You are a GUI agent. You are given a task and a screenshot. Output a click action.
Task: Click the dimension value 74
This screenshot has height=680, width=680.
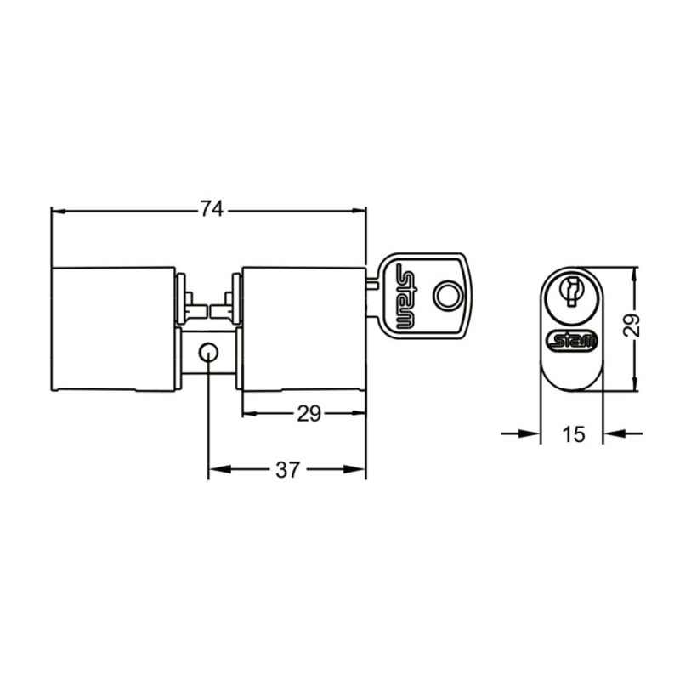[x=212, y=209]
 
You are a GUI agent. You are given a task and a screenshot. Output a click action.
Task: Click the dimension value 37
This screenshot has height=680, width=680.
[x=288, y=469]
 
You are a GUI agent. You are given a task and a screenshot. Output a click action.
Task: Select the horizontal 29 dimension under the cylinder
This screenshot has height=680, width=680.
[x=309, y=414]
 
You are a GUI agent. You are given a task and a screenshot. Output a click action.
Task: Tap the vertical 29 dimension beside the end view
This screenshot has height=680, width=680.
[x=631, y=325]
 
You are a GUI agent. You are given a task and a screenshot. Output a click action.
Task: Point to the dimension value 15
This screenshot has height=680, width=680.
[x=573, y=434]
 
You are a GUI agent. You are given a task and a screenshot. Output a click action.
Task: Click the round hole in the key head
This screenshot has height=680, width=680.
[x=448, y=296]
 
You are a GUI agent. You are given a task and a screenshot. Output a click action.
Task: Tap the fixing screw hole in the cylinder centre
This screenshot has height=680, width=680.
[x=208, y=353]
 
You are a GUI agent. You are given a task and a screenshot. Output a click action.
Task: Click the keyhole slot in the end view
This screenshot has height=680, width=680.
[x=571, y=291]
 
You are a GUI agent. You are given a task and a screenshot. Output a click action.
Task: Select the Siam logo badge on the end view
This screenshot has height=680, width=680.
[x=572, y=341]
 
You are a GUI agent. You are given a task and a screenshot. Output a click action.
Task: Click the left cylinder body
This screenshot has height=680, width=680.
[x=114, y=329]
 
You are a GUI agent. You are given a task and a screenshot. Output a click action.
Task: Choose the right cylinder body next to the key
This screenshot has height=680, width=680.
[x=303, y=329]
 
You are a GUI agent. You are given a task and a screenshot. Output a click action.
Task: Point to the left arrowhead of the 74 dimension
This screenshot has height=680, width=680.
[x=59, y=211]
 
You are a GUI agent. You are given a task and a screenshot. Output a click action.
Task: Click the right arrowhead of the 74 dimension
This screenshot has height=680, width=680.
[x=359, y=211]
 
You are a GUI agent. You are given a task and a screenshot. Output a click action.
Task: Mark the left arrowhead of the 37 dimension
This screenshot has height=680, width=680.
[x=219, y=469]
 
